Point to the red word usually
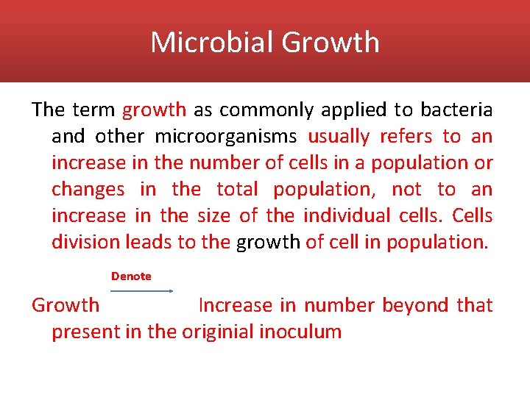click(x=339, y=137)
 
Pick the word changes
click(x=88, y=190)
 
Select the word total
click(x=237, y=190)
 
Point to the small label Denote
click(x=131, y=276)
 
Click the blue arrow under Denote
click(x=141, y=291)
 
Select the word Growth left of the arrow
click(x=66, y=305)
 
